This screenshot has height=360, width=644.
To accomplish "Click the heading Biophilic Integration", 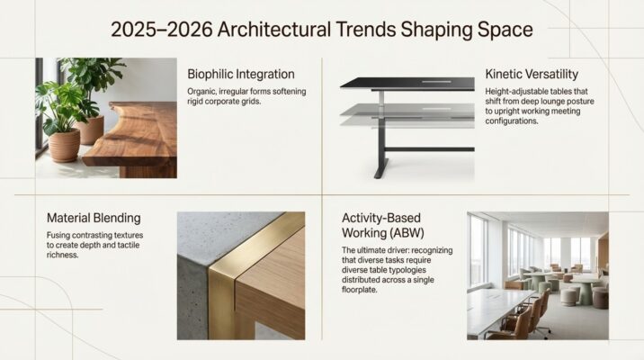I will [240, 73].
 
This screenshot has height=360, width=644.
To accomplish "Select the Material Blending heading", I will [93, 218].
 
